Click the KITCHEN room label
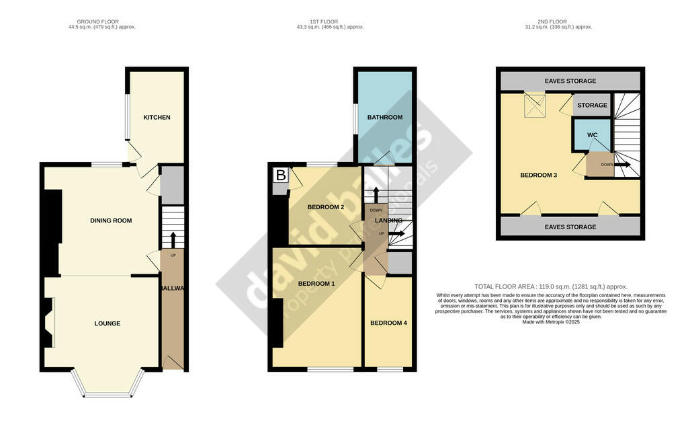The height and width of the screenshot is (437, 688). (x=157, y=118)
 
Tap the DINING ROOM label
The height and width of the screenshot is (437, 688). (x=111, y=221)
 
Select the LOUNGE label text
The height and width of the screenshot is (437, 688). (x=107, y=323)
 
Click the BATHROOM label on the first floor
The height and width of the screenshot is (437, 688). (x=384, y=118)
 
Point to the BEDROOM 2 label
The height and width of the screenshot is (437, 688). (x=326, y=207)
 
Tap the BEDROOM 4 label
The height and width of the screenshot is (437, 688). (x=388, y=323)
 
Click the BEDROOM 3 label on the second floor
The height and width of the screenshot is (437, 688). (x=539, y=175)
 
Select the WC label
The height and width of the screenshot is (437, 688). (x=592, y=135)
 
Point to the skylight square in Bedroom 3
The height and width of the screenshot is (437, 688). (x=535, y=104)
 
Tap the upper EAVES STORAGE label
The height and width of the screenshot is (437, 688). (x=570, y=81)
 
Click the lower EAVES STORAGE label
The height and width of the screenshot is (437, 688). (x=570, y=227)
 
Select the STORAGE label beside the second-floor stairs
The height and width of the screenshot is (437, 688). (x=592, y=106)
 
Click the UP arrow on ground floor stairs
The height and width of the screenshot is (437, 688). (x=173, y=241)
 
